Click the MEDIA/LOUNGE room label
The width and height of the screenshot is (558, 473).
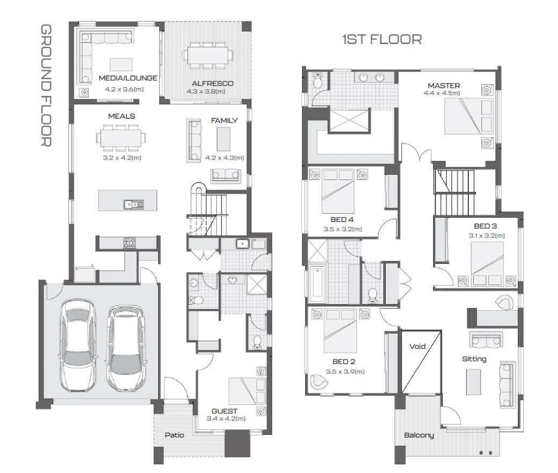tap(128, 78)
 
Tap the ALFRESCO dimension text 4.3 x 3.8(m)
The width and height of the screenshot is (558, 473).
tap(205, 91)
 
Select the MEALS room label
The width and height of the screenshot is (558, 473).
tap(121, 116)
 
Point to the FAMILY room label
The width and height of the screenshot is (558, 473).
tap(224, 120)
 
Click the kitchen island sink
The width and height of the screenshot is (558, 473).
tap(134, 204)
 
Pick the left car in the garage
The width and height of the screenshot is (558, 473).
tap(78, 345)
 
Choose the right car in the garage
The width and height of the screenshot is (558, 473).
tap(126, 348)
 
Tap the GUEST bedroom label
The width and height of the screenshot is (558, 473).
tap(224, 411)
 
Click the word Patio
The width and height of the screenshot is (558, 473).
tap(174, 435)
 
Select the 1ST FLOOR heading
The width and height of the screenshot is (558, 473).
tap(382, 39)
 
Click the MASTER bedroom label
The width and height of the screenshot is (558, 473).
tap(444, 85)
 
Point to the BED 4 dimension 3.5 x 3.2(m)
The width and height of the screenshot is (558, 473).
tap(342, 229)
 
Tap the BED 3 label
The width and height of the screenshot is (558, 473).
tap(485, 226)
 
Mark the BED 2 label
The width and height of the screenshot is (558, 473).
tap(344, 361)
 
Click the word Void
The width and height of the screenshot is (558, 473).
tap(417, 346)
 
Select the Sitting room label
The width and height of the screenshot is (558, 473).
tap(474, 359)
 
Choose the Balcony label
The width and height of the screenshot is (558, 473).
tap(419, 435)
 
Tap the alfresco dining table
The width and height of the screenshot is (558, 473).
tap(208, 55)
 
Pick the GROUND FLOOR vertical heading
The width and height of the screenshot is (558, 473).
tap(46, 85)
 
